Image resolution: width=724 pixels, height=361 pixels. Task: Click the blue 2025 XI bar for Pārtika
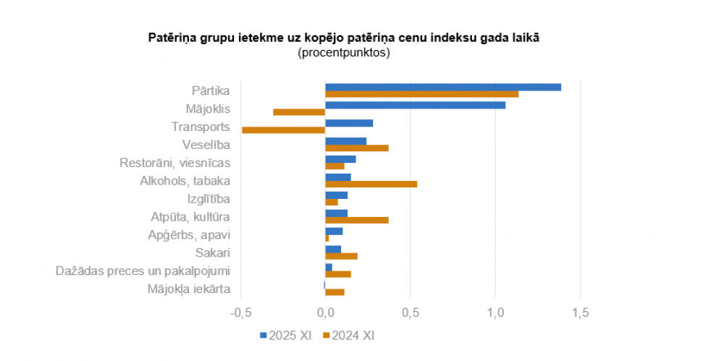tap(443, 87)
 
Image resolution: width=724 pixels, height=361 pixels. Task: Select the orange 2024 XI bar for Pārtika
tap(421, 94)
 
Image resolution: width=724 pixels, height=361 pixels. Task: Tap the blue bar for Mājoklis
tap(415, 105)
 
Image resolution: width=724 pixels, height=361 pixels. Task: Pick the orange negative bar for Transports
tap(283, 130)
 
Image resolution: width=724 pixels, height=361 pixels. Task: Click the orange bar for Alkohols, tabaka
tap(371, 184)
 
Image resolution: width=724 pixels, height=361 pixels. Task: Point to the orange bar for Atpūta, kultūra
tap(357, 220)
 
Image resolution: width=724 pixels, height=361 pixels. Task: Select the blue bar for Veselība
tap(346, 141)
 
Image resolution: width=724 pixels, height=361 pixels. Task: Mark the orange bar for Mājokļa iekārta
tap(334, 292)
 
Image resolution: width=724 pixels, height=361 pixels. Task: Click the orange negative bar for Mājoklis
tap(299, 112)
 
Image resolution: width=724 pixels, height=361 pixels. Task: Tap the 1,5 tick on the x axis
tap(581, 313)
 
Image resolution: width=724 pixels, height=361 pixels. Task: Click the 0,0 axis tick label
tap(325, 313)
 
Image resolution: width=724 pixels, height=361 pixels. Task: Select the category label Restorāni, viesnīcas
tap(174, 163)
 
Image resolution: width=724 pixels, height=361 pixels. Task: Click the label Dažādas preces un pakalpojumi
tap(143, 271)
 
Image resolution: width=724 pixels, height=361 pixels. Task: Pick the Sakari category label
tap(213, 253)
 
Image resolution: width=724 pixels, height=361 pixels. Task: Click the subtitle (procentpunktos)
tap(343, 53)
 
